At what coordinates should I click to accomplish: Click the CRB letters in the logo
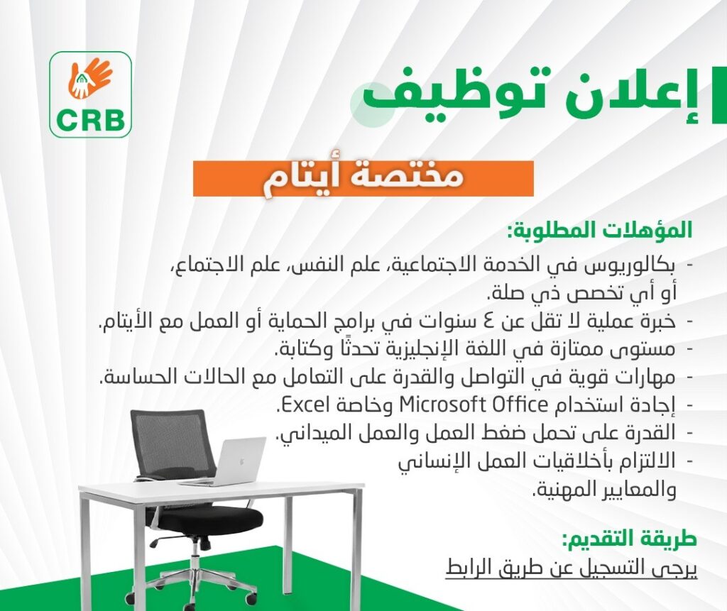tap(90, 120)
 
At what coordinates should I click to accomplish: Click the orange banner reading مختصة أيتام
tap(363, 179)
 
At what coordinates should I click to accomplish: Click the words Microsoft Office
tap(474, 404)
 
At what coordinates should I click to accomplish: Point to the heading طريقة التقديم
tap(629, 539)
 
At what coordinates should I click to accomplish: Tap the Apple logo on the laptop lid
tap(241, 462)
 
